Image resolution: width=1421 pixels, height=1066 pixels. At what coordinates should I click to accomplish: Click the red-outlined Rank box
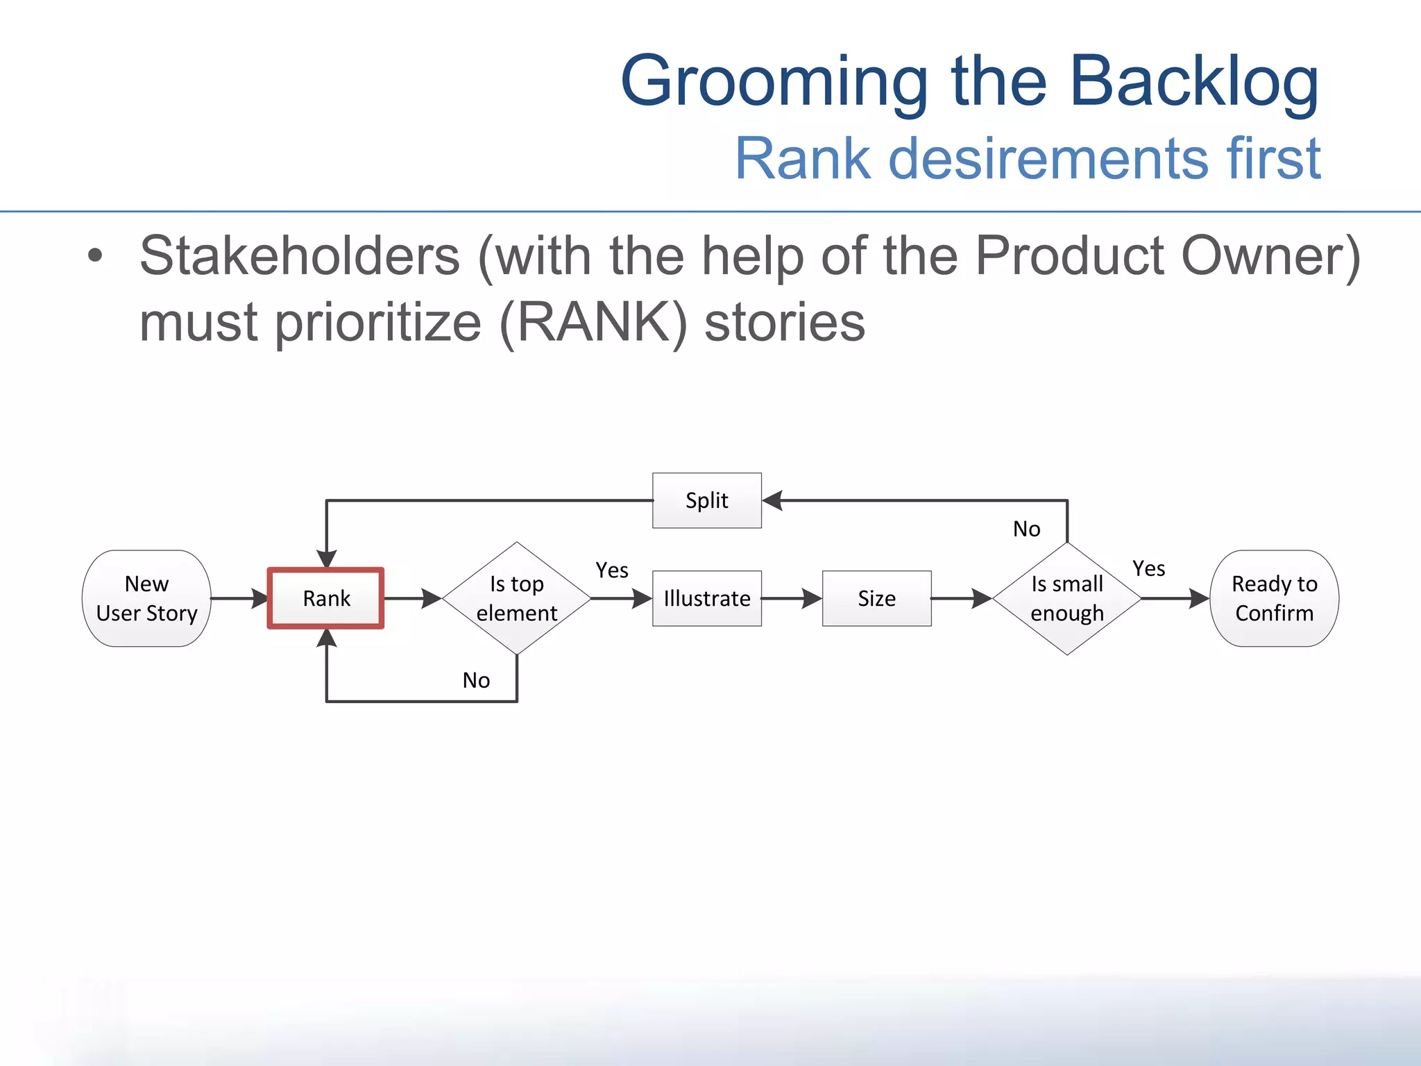coord(325,598)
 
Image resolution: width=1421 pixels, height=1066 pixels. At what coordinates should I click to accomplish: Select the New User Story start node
coord(146,598)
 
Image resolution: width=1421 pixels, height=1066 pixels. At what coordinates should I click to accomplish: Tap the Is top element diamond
coord(516,598)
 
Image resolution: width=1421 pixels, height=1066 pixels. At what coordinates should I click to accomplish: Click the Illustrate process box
coord(706,598)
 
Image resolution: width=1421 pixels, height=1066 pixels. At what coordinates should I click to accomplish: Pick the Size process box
coord(876,598)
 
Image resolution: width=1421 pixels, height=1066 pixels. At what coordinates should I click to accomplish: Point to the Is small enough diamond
coord(1066,598)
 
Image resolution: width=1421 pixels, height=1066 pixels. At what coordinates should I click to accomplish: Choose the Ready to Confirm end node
coord(1274,598)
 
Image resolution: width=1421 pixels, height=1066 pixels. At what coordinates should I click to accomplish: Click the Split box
coord(706,500)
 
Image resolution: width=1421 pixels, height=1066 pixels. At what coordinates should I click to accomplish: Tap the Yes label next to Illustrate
coord(611,570)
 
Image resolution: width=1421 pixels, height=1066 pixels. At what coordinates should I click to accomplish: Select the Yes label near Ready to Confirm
coord(1148,568)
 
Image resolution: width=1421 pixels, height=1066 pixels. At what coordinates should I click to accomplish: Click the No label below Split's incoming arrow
coord(1026,529)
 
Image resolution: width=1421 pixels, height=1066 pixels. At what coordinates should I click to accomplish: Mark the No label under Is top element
coord(476,680)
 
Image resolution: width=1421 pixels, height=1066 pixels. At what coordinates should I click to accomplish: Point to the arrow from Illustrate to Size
coord(792,598)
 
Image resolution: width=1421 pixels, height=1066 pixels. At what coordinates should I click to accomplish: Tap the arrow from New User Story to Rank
coord(239,598)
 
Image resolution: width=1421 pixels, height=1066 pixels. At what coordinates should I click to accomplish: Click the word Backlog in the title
coord(1193,82)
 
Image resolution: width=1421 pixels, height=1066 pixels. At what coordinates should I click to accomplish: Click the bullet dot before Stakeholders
coord(95,255)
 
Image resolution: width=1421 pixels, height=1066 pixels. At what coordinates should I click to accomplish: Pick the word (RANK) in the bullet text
coord(593,323)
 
